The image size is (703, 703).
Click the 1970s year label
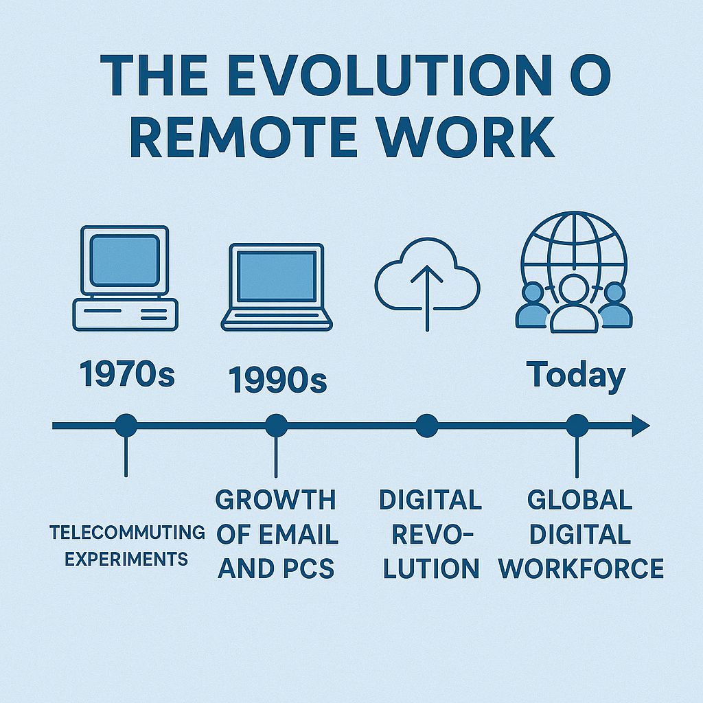click(127, 374)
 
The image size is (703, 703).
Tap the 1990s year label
click(277, 380)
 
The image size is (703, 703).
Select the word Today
click(576, 376)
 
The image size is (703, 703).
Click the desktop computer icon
click(125, 279)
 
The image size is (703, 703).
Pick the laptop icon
click(277, 288)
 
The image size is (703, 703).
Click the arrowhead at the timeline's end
click(641, 426)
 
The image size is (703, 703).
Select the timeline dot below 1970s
click(126, 425)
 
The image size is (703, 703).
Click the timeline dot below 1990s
click(276, 425)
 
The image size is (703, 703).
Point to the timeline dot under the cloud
click(427, 426)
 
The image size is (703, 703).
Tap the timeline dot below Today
click(577, 426)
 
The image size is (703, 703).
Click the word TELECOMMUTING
click(127, 533)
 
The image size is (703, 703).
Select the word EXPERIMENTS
click(126, 559)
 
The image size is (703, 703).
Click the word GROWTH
click(276, 500)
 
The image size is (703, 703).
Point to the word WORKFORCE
click(581, 568)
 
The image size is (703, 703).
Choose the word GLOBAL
click(579, 500)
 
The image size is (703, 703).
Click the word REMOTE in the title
click(244, 137)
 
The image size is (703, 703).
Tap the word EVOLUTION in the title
click(390, 75)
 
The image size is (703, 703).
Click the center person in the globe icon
click(574, 305)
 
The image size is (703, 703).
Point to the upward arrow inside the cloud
click(427, 298)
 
